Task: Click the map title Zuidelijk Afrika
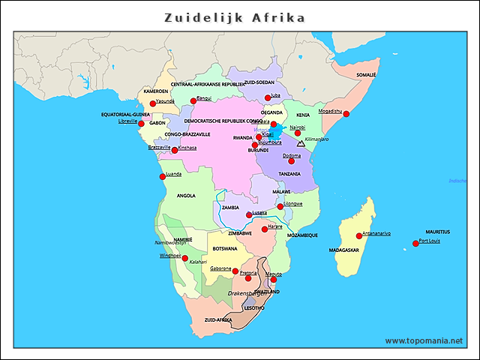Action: (x=235, y=16)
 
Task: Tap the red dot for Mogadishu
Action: (x=346, y=114)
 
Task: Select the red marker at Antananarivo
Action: (x=358, y=236)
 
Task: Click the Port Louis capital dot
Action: (x=415, y=244)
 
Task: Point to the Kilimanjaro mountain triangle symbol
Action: (x=301, y=142)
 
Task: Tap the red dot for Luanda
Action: (x=162, y=177)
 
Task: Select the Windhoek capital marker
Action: (x=185, y=258)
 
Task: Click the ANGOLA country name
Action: (x=185, y=196)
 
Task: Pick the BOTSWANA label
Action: (x=225, y=248)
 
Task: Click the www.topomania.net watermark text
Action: (x=424, y=340)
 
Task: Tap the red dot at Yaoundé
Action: (x=152, y=103)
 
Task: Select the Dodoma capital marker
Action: (x=291, y=160)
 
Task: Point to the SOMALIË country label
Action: (x=366, y=75)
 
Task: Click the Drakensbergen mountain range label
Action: (x=247, y=294)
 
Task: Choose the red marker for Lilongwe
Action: (x=280, y=206)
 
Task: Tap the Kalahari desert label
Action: (x=198, y=262)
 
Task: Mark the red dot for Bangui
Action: (x=193, y=100)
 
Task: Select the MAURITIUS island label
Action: (x=438, y=232)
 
